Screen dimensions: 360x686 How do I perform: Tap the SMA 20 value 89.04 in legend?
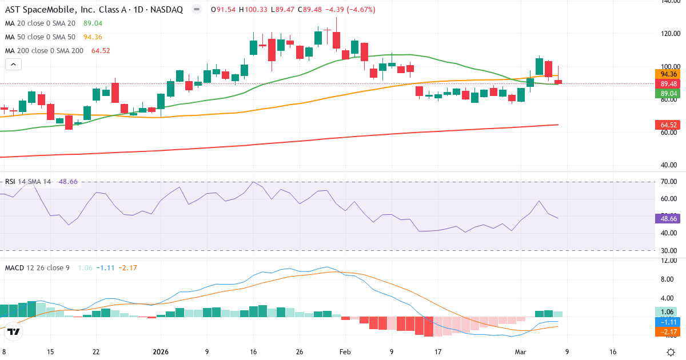(93, 23)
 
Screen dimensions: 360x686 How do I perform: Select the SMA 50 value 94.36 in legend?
(93, 37)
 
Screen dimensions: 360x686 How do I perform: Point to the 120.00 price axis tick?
(669, 34)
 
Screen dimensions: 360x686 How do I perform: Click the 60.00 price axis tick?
(669, 133)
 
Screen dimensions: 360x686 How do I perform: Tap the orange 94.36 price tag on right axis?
(668, 74)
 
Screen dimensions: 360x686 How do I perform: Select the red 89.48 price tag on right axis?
(668, 83)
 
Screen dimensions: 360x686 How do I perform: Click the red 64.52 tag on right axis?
(668, 125)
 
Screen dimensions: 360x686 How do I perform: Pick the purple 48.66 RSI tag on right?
(668, 218)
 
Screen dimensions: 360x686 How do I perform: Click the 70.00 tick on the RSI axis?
(669, 182)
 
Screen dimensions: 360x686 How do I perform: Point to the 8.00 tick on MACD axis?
(669, 279)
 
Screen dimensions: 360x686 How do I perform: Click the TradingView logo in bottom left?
(14, 332)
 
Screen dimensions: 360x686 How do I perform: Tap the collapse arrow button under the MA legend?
(13, 65)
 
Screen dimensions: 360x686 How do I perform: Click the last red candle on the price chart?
(558, 82)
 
